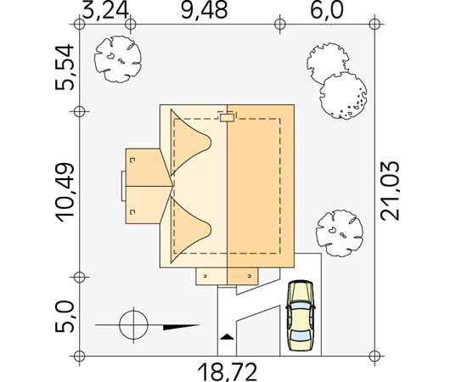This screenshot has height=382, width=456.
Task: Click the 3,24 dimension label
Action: click(x=105, y=11)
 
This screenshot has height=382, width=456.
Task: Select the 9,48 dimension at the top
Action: click(x=204, y=11)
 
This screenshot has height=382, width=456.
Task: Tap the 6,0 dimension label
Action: click(x=327, y=11)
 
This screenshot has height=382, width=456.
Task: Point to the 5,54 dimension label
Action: click(x=65, y=67)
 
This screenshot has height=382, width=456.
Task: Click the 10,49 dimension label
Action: click(x=65, y=193)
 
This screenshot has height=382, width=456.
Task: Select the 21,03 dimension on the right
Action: click(x=391, y=191)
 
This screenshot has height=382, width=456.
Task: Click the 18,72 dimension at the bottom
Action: click(x=228, y=372)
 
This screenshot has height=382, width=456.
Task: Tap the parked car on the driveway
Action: click(x=301, y=316)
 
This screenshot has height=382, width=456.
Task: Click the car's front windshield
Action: click(x=301, y=306)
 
